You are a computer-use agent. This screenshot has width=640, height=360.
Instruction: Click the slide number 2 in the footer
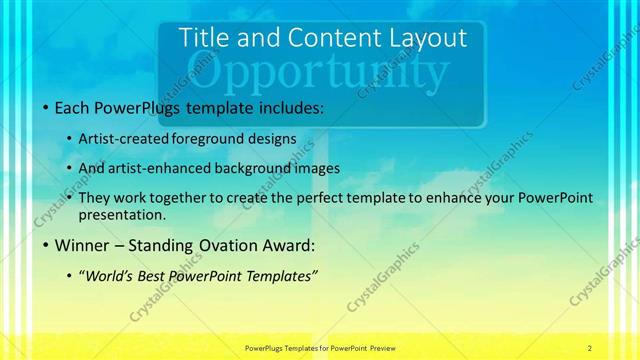tap(590, 348)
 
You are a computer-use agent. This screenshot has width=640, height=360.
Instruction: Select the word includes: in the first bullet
tap(286, 106)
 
